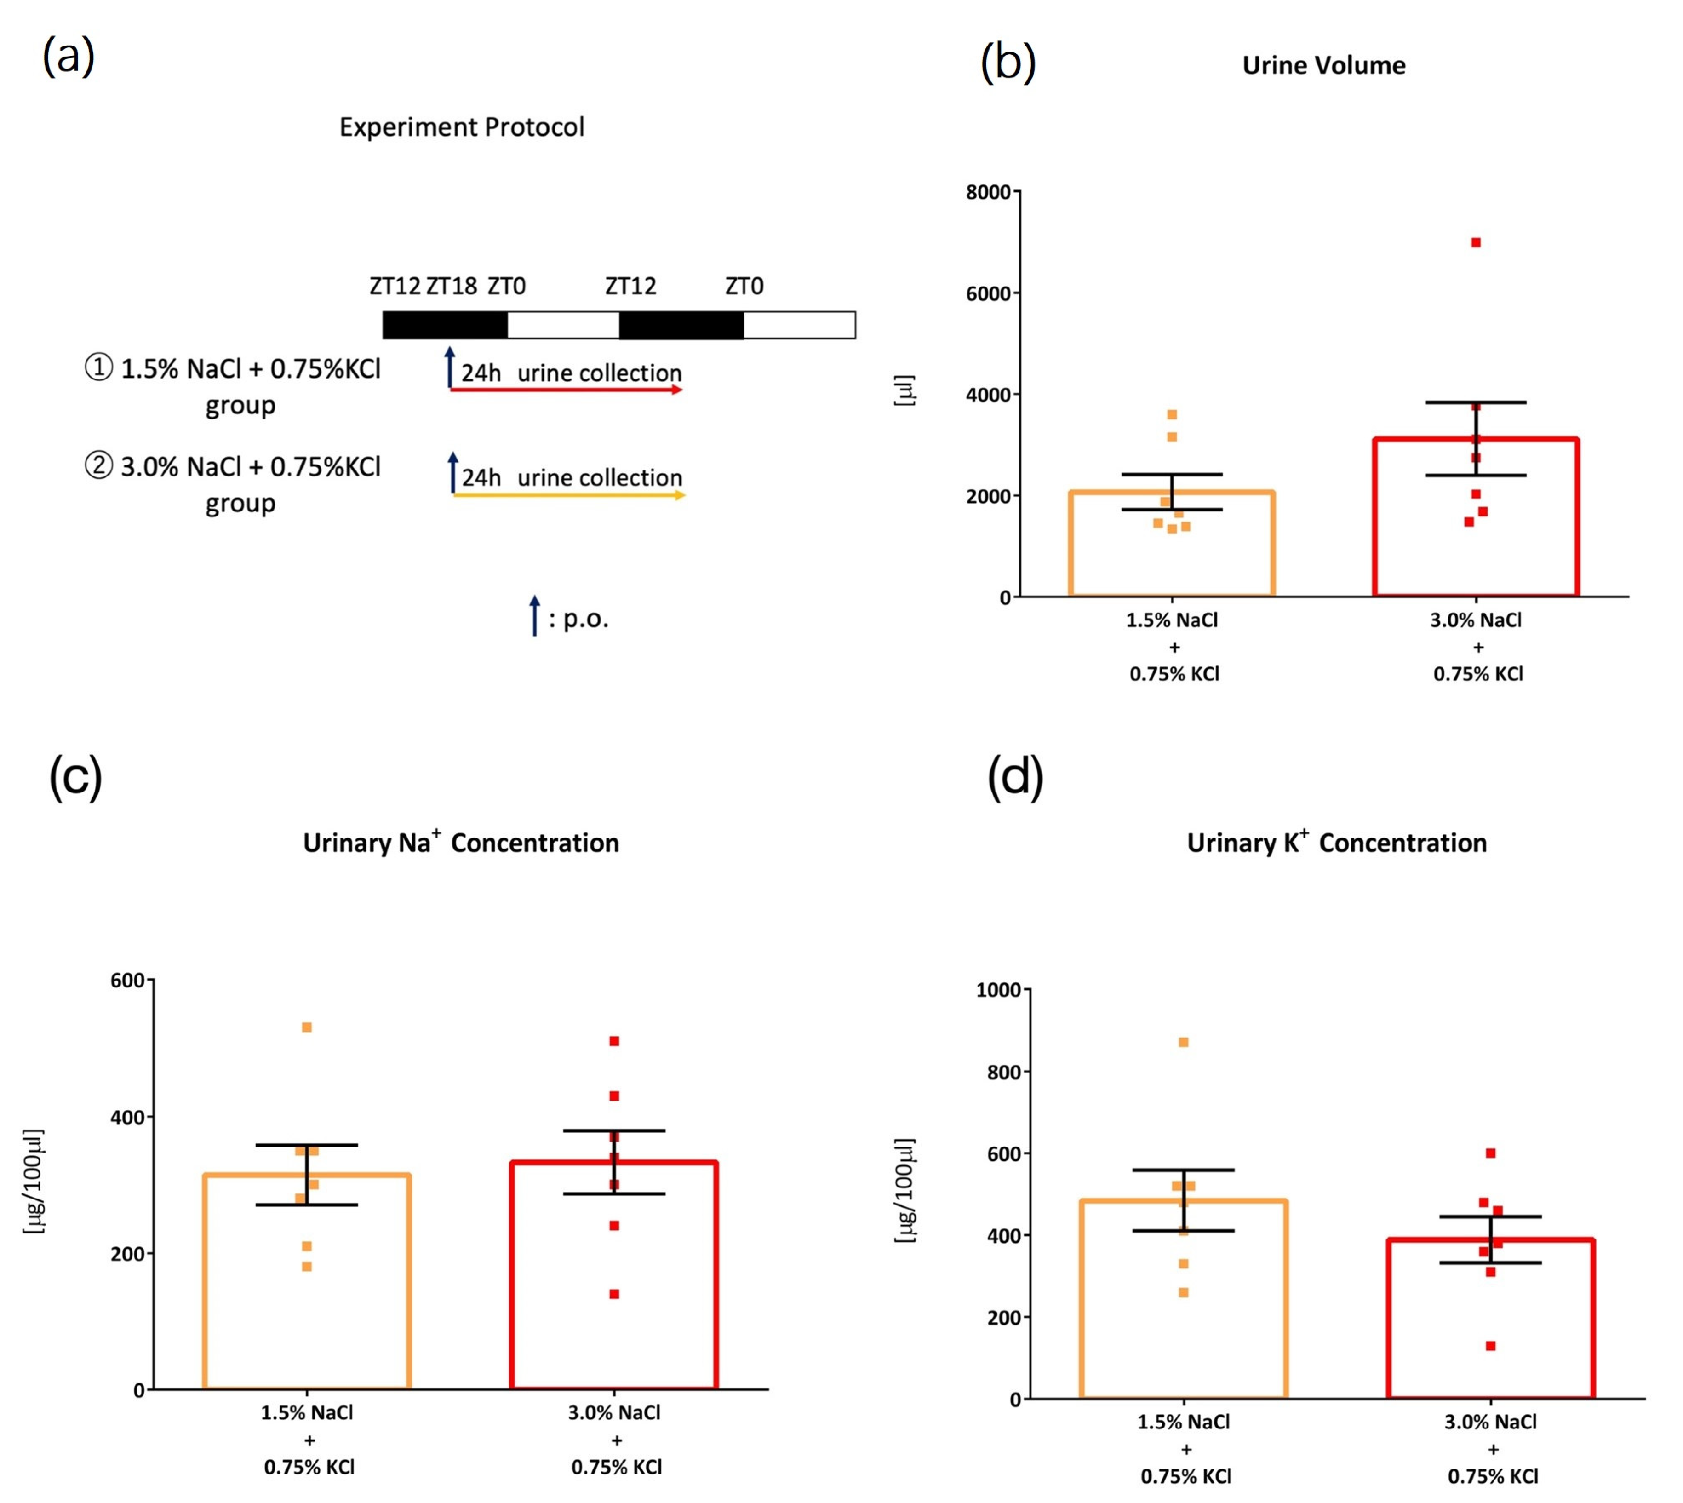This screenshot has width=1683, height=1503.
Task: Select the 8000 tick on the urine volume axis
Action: (988, 192)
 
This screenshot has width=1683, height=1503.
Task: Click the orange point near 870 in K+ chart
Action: (1183, 1042)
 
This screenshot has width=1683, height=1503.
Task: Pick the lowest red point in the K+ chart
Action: (1491, 1346)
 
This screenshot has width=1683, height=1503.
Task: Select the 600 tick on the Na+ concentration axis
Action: (127, 980)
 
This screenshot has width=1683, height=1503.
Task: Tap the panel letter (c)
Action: (75, 777)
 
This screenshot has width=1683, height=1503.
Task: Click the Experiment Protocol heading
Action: (462, 127)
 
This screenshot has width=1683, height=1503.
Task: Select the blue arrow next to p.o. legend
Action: (534, 615)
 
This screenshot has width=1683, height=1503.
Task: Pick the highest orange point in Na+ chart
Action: (306, 1027)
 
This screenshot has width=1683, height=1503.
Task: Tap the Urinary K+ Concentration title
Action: (1336, 843)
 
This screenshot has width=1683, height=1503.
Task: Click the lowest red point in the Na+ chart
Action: (613, 1294)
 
